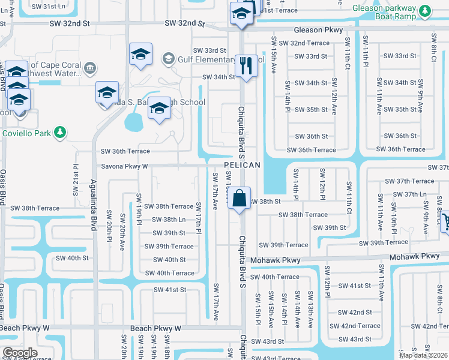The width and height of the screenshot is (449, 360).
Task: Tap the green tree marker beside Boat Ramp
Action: tap(425, 11)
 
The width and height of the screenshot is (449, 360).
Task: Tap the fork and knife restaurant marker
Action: tap(245, 65)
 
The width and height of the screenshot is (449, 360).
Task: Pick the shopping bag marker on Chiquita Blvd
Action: tap(239, 198)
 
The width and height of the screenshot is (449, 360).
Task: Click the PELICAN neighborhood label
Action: tap(243, 165)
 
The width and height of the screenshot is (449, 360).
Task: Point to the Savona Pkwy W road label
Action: tap(124, 166)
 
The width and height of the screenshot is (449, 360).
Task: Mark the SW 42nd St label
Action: tap(355, 313)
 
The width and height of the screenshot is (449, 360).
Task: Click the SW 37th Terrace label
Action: tap(410, 181)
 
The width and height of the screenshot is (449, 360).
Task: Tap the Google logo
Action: tap(19, 353)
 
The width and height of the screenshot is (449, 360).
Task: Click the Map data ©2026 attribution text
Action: tap(424, 355)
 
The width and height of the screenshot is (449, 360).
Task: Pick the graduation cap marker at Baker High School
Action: tap(158, 109)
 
